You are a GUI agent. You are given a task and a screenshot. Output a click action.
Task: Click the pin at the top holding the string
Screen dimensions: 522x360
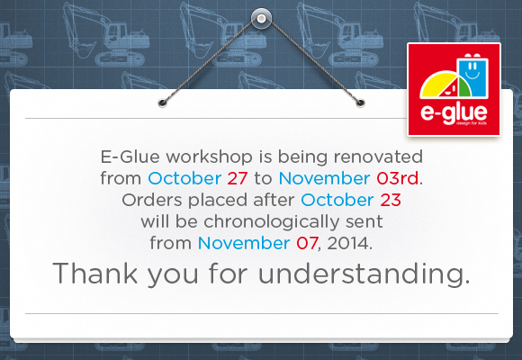coord(261,18)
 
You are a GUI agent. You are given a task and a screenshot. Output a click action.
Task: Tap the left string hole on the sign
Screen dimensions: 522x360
coord(163,103)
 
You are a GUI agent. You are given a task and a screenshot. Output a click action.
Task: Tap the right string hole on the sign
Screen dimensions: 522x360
coord(360,103)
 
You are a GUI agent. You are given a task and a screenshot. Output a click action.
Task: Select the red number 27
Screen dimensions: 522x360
coord(238,178)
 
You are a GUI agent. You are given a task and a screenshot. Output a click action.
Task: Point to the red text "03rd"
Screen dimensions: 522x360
coord(398,178)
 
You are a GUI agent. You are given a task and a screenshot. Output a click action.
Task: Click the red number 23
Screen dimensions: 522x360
coord(391,200)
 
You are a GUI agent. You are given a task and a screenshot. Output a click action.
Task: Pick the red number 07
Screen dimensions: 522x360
coord(307,243)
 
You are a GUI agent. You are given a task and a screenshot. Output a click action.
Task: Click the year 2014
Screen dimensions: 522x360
coord(348,243)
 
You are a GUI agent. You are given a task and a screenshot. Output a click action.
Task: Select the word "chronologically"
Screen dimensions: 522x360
coord(270,222)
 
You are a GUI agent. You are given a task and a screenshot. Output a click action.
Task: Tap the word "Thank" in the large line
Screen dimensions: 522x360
coord(94,273)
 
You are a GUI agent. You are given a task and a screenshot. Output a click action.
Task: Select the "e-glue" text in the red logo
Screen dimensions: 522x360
coord(454,112)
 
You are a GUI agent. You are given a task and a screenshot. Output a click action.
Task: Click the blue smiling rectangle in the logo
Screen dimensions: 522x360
coord(472,76)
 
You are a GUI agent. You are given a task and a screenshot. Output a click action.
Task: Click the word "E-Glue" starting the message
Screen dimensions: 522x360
coord(130,157)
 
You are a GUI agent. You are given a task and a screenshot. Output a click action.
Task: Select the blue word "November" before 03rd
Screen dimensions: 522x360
coord(324,178)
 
